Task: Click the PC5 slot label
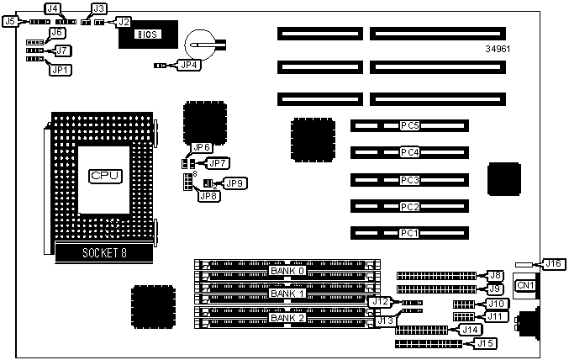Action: click(x=409, y=126)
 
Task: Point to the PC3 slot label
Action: click(x=409, y=180)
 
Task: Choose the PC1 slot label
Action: click(x=409, y=233)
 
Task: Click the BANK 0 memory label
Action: click(x=287, y=272)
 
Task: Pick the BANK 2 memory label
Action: click(x=287, y=318)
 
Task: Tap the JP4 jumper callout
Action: click(x=189, y=64)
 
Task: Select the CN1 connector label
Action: click(x=525, y=286)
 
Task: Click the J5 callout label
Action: click(x=11, y=21)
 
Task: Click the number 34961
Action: click(x=498, y=48)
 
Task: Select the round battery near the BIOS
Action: click(x=204, y=40)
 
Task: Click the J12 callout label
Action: click(x=380, y=301)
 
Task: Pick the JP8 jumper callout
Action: click(x=206, y=196)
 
